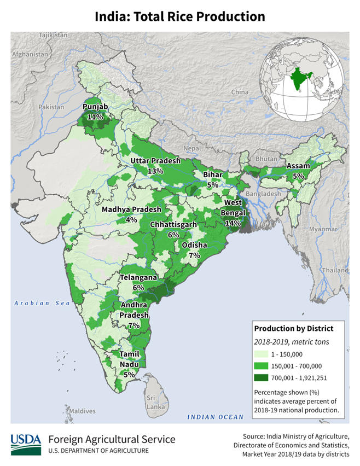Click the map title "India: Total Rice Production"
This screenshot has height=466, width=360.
click(x=180, y=16)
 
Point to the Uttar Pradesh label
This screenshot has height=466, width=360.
click(x=155, y=161)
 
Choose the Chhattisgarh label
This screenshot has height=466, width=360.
click(x=173, y=225)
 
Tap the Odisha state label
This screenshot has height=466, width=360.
click(x=195, y=245)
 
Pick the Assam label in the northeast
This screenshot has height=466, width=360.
click(x=298, y=166)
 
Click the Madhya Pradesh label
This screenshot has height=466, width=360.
click(x=131, y=209)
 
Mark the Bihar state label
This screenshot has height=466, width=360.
click(x=212, y=174)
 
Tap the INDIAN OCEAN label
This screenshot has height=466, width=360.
click(x=216, y=417)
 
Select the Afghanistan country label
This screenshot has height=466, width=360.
click(x=30, y=55)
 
